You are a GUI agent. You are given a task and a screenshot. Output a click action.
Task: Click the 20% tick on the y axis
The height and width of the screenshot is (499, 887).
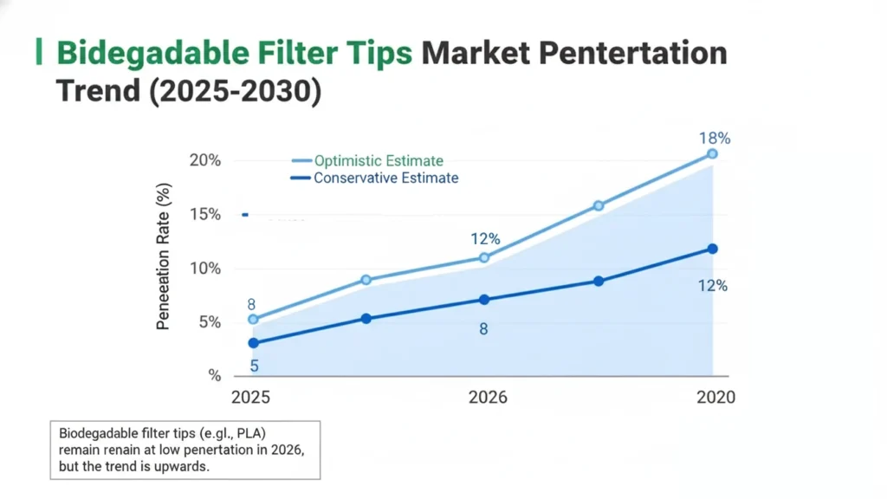coord(206,161)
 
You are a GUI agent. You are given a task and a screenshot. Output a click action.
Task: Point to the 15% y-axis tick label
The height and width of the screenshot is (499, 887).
coord(206,215)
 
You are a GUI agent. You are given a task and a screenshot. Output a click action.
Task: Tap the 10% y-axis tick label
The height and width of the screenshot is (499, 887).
coord(206,269)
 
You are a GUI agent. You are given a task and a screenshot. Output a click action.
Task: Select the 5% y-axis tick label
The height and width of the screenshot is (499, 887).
coord(210,322)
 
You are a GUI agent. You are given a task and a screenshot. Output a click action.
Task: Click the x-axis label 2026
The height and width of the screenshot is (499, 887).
coord(488,398)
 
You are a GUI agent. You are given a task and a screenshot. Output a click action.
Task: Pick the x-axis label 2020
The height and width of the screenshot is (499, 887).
coord(715,398)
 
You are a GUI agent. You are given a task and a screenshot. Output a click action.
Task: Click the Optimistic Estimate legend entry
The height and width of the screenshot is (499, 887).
coord(379,160)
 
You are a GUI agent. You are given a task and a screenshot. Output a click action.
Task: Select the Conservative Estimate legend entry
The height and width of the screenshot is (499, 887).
coord(385,178)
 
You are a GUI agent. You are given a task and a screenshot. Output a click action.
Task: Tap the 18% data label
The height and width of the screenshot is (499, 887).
coord(715,139)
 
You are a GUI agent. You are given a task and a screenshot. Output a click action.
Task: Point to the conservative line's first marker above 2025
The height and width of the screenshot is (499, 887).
coord(253,343)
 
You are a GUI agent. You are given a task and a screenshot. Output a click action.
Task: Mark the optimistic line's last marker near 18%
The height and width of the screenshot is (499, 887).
coord(712,153)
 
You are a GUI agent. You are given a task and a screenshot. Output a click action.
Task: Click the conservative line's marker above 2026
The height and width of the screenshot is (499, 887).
coord(484,300)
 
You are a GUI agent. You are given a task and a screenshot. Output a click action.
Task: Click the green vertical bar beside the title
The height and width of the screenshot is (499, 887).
coord(38,52)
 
